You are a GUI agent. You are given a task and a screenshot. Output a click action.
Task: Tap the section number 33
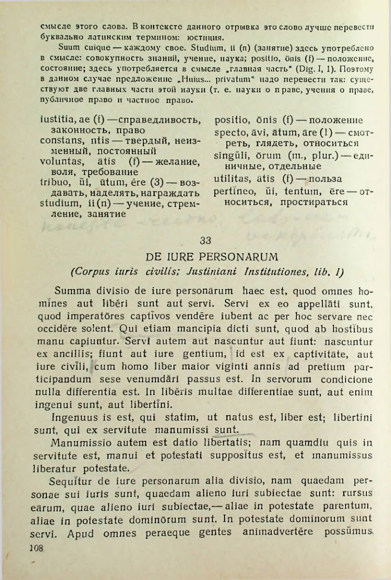[205, 240]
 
